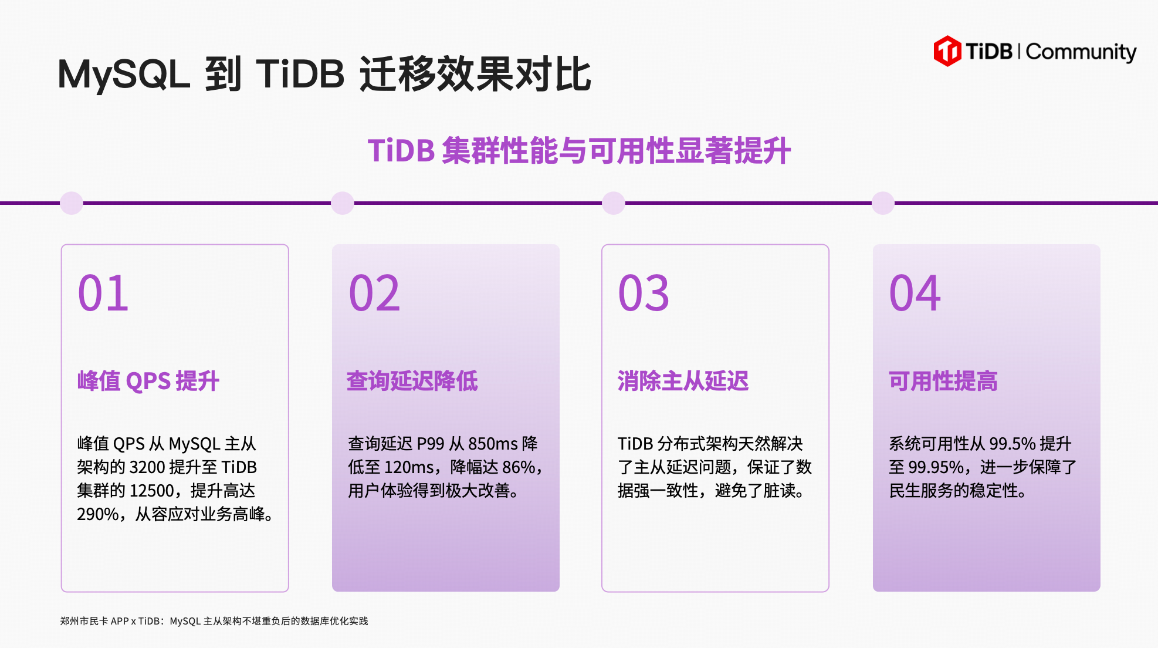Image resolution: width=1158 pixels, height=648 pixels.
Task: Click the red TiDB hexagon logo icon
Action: [x=947, y=51]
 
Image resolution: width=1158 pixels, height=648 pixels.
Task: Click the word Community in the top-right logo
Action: [x=1081, y=52]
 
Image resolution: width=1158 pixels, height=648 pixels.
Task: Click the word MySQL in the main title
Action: [x=124, y=75]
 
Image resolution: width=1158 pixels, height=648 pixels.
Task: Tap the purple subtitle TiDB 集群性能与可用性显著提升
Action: [x=579, y=151]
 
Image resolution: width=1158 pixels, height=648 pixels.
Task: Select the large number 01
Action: [x=103, y=293]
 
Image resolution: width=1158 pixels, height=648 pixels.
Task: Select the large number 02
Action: [x=374, y=293]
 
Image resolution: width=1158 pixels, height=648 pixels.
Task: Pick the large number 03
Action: [x=644, y=293]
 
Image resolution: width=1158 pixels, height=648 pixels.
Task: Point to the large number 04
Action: [x=915, y=293]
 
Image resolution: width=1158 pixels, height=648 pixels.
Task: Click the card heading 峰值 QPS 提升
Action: [x=148, y=381]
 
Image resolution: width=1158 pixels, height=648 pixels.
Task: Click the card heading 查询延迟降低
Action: [x=412, y=381]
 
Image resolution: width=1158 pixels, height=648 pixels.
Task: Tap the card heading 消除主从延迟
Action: [x=683, y=381]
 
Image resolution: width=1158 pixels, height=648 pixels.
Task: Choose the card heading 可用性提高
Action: [x=943, y=381]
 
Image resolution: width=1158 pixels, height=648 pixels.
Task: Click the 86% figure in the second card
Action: [x=519, y=467]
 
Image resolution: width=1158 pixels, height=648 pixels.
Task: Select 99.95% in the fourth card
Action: [x=936, y=467]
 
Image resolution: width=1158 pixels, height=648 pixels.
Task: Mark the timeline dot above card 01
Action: [x=72, y=203]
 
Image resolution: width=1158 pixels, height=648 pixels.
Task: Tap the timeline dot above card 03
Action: [x=614, y=203]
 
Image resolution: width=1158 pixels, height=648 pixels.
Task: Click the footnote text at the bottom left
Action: [x=214, y=621]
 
